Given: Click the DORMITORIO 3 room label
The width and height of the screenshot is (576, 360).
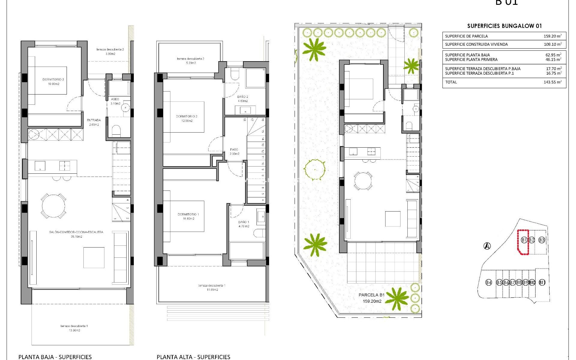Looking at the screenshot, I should (53, 79).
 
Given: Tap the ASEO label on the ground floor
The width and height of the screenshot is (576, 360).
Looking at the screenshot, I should (115, 99).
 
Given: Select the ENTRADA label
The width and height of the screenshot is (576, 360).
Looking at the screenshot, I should (94, 120).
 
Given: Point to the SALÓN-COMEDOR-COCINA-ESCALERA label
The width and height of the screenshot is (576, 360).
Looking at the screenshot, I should (76, 232).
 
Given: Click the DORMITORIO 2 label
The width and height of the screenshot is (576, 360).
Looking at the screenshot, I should (187, 116).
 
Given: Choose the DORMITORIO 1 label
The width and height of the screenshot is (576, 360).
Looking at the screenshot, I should (188, 214).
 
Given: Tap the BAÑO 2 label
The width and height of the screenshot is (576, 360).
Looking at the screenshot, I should (243, 97).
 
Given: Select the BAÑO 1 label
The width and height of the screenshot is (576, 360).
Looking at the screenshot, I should (244, 222).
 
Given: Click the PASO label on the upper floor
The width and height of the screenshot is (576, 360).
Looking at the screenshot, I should (234, 149).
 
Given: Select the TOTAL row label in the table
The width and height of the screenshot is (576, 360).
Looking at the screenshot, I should (451, 82).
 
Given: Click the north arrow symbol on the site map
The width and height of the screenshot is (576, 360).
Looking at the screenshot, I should (487, 246).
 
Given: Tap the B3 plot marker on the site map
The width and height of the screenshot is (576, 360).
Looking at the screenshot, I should (542, 240).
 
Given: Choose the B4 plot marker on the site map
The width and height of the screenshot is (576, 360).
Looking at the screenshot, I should (489, 282).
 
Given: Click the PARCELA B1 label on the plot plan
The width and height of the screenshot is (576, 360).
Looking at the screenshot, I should (371, 295).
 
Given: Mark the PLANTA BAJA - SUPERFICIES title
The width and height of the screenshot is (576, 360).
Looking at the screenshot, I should (55, 357).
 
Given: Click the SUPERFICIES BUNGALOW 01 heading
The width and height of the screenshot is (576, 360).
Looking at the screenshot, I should (504, 26).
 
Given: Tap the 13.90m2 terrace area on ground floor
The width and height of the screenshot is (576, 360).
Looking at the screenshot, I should (74, 330).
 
